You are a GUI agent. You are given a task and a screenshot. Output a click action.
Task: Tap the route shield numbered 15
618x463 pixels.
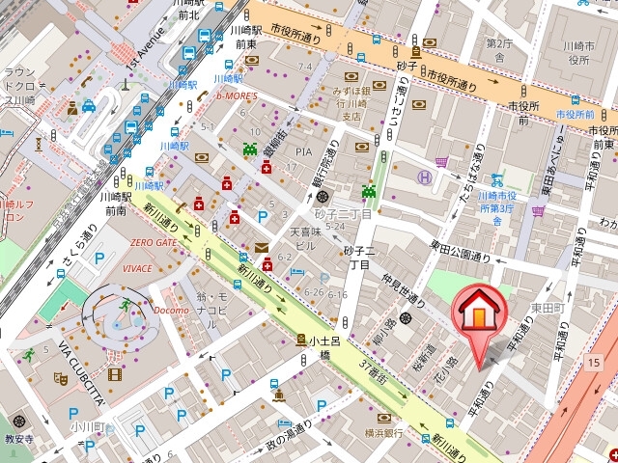point(593,361)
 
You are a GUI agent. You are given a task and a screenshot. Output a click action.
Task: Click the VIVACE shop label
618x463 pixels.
point(137,268)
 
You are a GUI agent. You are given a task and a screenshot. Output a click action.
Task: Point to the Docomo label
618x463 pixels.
point(171,310)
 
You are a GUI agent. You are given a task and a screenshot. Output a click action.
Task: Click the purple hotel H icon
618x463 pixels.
point(423,177)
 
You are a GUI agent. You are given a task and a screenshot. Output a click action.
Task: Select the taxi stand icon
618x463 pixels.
point(88,106)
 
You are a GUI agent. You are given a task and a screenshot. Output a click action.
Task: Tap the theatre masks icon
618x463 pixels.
point(60,379)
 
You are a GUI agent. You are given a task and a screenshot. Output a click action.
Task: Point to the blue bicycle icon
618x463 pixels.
point(497,179)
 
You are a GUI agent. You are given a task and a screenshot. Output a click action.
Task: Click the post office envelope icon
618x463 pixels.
point(262,248)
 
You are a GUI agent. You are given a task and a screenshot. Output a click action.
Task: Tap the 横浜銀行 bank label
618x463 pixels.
point(383,433)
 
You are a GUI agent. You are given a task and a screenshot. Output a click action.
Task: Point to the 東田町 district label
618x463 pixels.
point(546,308)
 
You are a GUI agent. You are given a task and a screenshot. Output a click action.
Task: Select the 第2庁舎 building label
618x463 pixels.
point(498,49)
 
